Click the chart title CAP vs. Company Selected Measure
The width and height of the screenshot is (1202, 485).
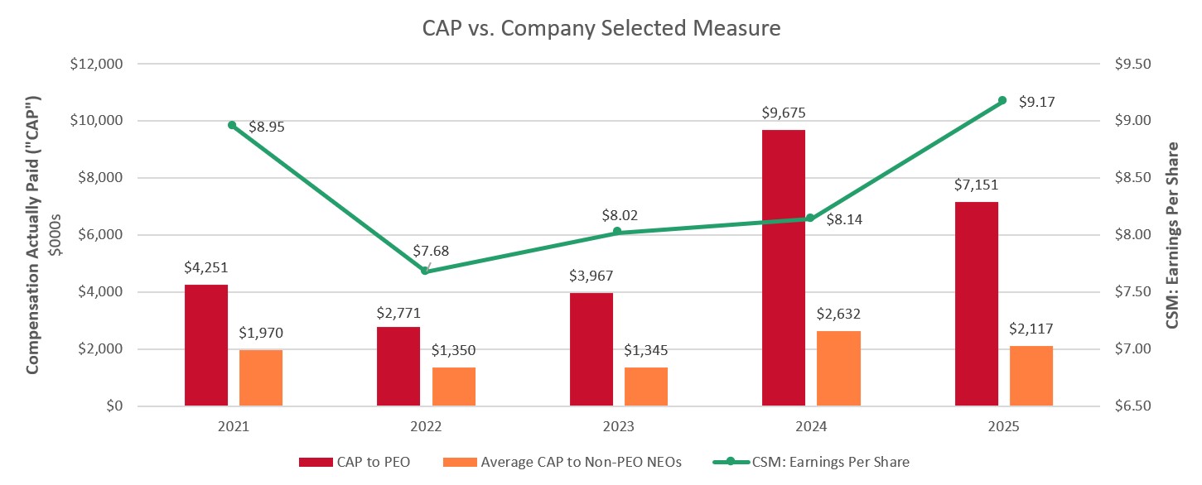601,28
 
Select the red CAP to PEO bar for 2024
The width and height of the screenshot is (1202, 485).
783,267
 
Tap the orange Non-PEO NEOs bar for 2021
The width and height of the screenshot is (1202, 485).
261,377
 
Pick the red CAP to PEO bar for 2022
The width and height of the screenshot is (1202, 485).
398,366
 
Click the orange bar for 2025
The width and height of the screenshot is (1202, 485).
1031,376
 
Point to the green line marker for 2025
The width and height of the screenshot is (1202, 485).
1002,100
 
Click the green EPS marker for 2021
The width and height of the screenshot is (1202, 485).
232,125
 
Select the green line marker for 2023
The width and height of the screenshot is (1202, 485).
617,232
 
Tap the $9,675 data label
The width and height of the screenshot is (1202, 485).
783,113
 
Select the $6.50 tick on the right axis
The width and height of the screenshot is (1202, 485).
1120,406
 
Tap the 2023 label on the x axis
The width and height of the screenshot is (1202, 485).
617,427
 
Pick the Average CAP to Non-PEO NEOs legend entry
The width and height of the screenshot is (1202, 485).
562,462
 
